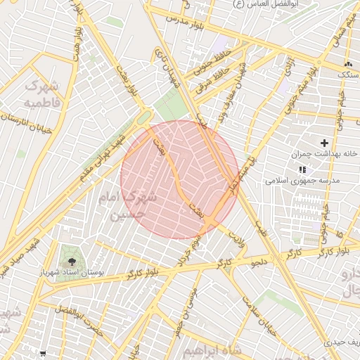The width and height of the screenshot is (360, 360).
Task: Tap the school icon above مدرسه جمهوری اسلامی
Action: [302, 169]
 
